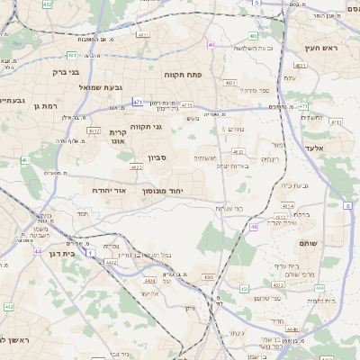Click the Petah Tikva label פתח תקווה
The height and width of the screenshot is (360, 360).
pyautogui.click(x=181, y=75)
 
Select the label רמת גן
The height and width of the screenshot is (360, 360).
pyautogui.click(x=45, y=106)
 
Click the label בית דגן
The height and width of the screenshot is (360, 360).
pyautogui.click(x=61, y=255)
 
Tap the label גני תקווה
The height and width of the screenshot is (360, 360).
pyautogui.click(x=145, y=127)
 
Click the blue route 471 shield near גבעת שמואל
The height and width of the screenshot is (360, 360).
pyautogui.click(x=137, y=103)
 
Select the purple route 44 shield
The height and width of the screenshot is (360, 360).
pyautogui.click(x=38, y=251)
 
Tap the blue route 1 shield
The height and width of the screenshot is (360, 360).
pyautogui.click(x=90, y=253)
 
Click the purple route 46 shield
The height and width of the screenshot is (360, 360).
pyautogui.click(x=254, y=227)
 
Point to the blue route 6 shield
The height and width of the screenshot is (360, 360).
pyautogui.click(x=347, y=206)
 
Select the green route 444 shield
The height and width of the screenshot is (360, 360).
pyautogui.click(x=319, y=288)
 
